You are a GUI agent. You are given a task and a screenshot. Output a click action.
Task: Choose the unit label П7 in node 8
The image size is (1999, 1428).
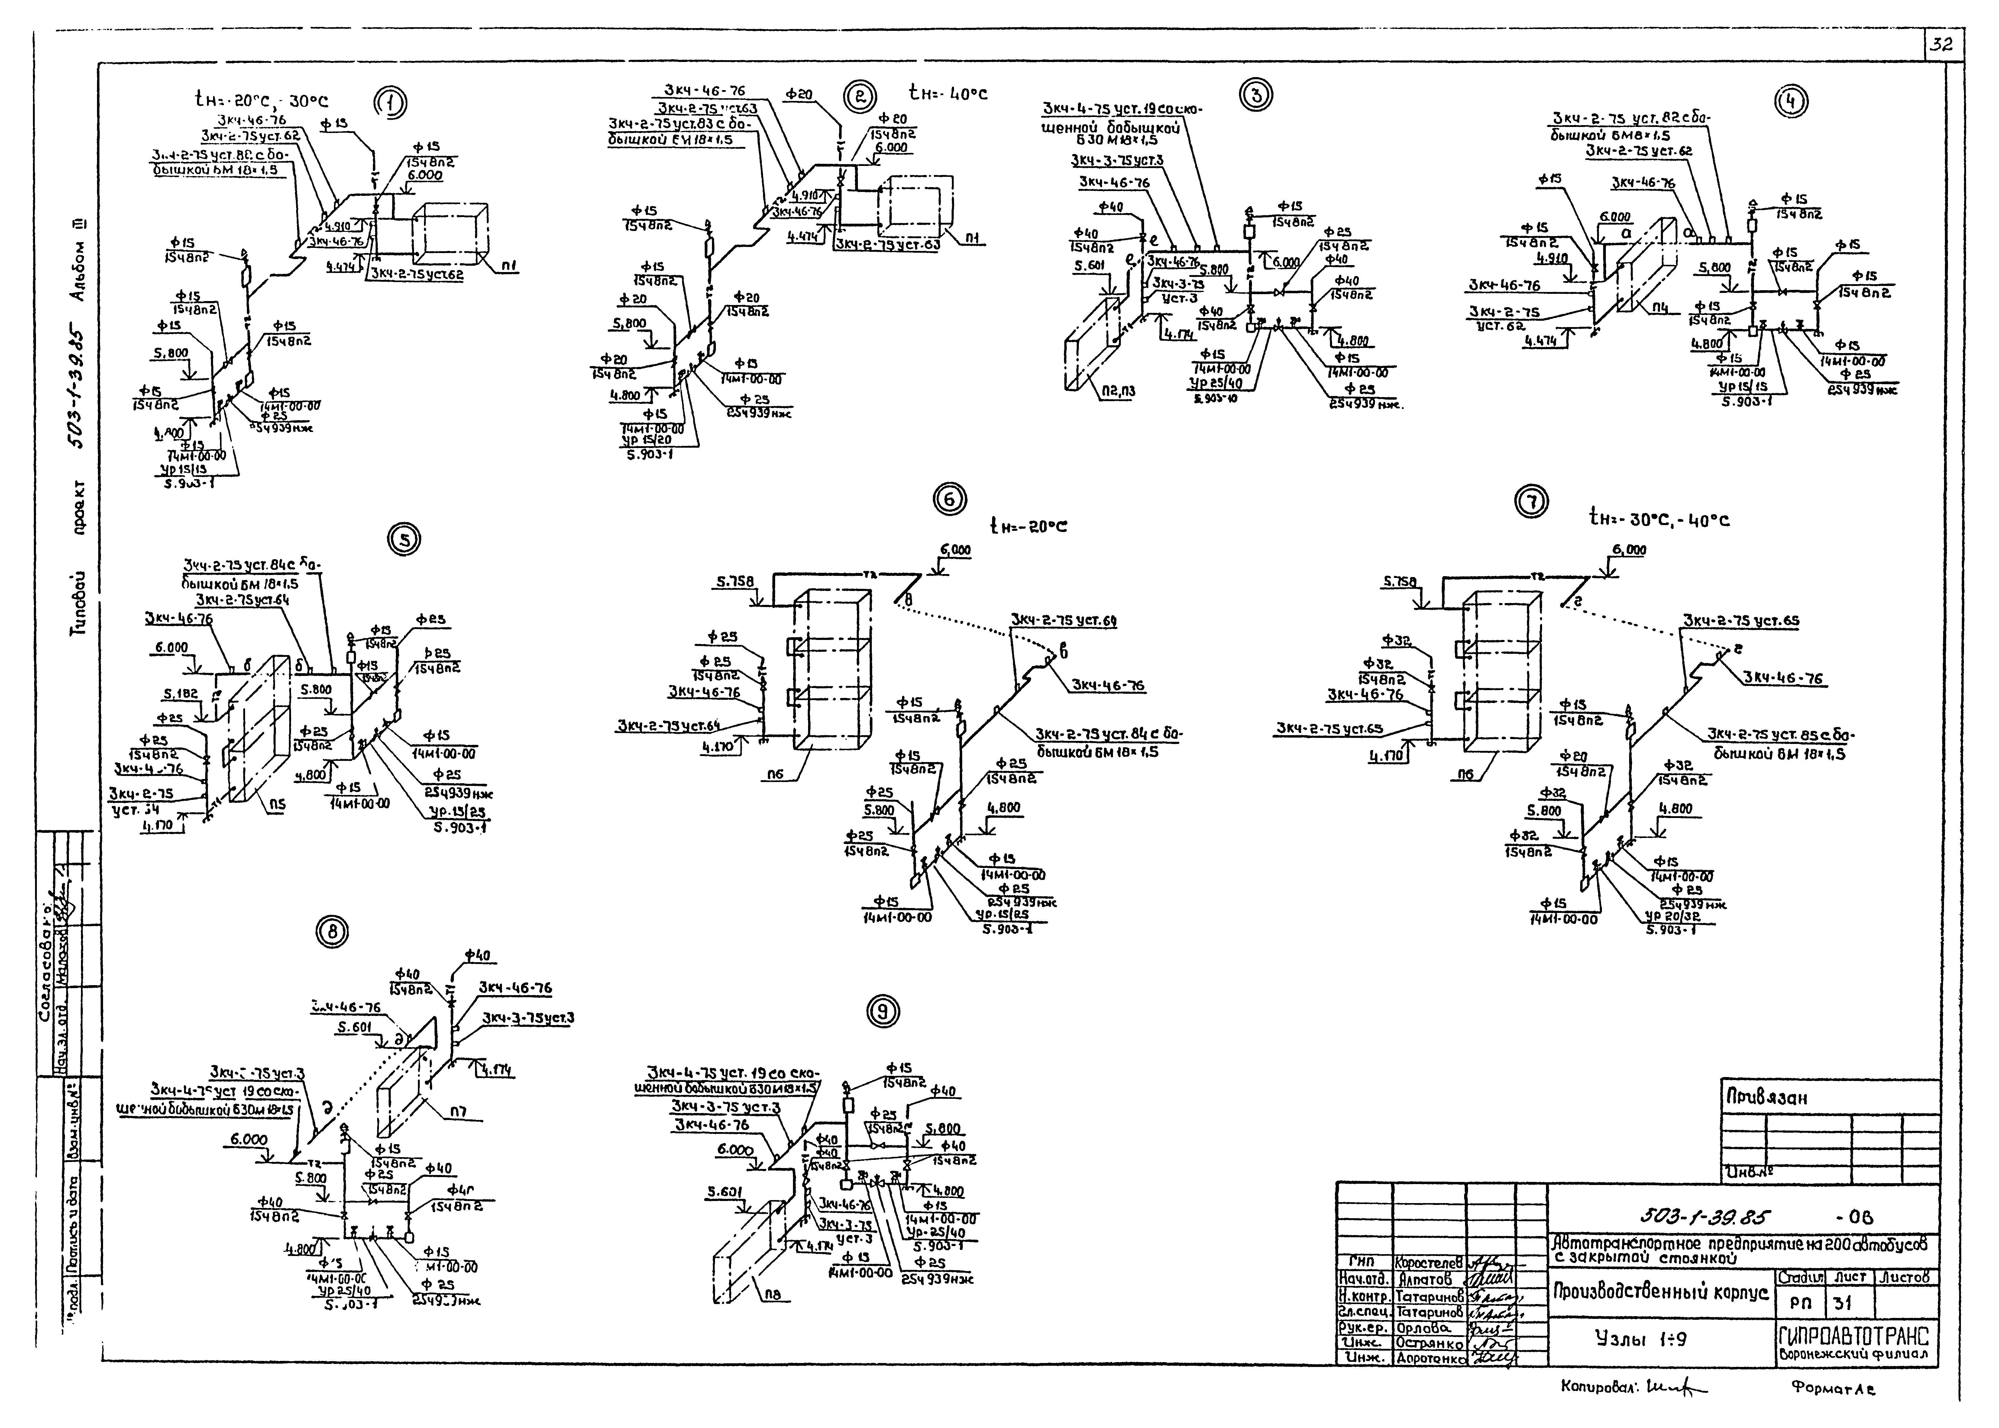[x=458, y=1112]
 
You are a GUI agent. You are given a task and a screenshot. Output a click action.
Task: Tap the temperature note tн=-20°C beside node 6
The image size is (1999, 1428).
[x=1028, y=527]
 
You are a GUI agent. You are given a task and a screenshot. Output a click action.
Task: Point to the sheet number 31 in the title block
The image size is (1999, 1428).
[x=1842, y=1304]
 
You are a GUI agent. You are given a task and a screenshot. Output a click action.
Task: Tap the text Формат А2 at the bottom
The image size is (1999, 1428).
[x=1831, y=1389]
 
